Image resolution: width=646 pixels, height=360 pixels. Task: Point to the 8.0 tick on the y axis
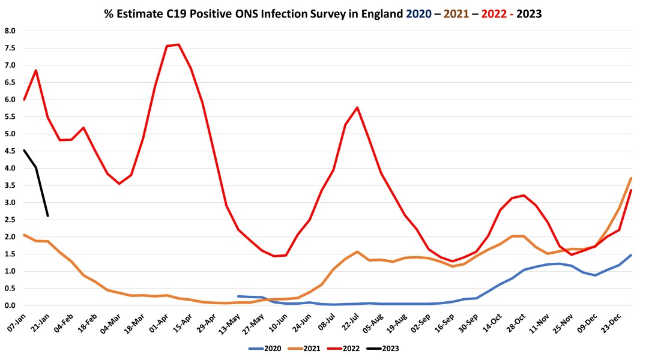(10, 31)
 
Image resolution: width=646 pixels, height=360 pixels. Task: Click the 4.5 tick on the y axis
(10, 151)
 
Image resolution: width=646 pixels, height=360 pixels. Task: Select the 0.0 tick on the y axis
(10, 305)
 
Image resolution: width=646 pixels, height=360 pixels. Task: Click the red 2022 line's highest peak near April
(178, 44)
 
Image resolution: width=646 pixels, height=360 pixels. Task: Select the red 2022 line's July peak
(357, 107)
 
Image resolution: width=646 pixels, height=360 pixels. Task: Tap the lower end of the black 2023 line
(47, 215)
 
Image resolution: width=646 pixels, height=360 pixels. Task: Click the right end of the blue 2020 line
(631, 255)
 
